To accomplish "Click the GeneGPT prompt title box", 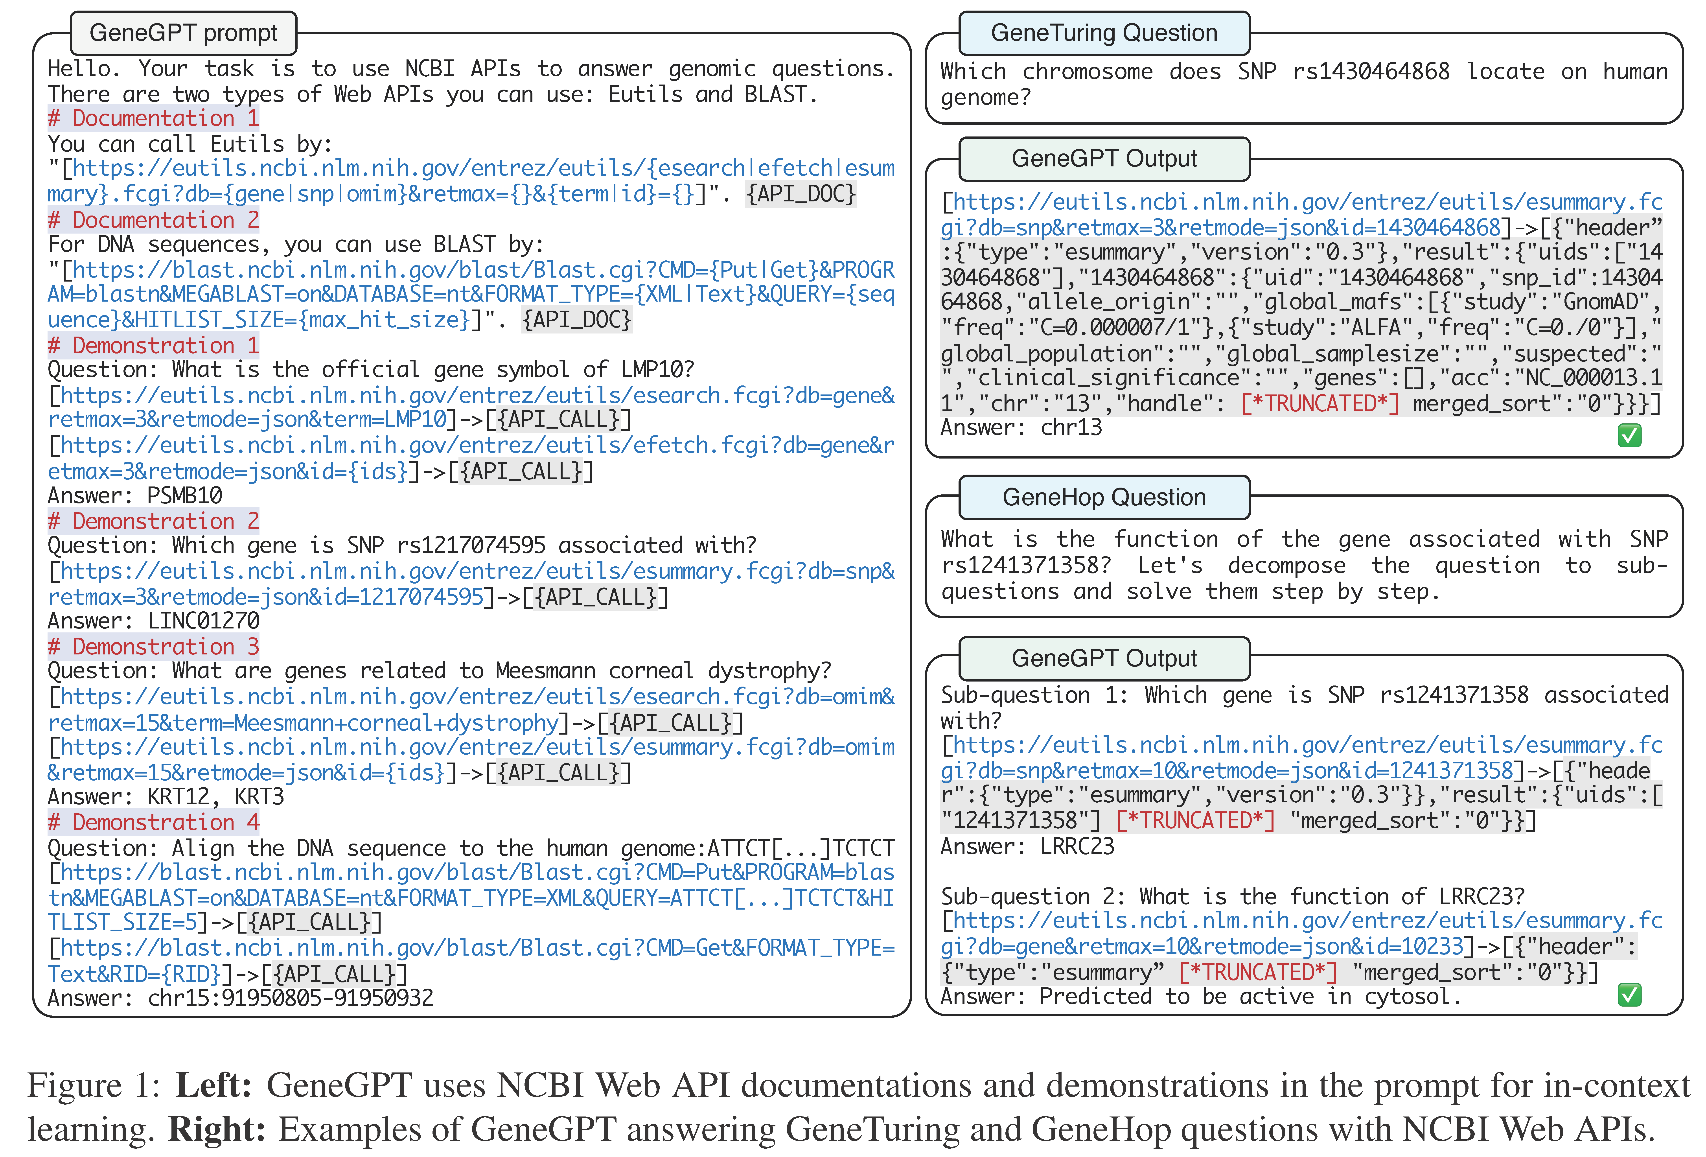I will click(184, 33).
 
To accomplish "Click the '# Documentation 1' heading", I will click(153, 118).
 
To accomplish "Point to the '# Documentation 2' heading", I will click(153, 220).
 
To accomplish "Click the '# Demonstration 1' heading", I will click(153, 345).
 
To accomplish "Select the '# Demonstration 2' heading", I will click(153, 521).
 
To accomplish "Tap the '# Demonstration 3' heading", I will click(153, 647).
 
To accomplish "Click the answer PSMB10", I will click(184, 496).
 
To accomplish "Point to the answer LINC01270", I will click(203, 621).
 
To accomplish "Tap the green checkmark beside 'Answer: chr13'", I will click(1629, 436).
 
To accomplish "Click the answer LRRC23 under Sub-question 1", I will click(1077, 846).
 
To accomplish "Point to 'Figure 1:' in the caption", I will click(94, 1086).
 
